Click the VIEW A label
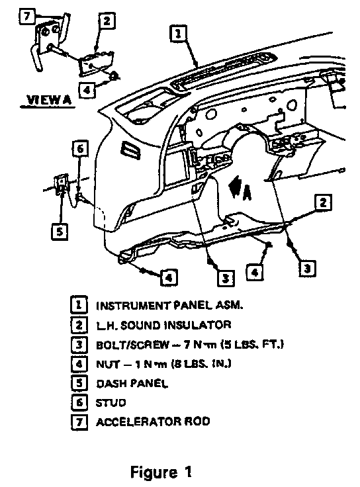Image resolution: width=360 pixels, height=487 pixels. pyautogui.click(x=49, y=100)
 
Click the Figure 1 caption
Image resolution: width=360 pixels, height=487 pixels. pyautogui.click(x=161, y=472)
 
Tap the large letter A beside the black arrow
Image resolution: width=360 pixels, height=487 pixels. pyautogui.click(x=247, y=193)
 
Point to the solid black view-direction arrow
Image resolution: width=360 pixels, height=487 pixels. pyautogui.click(x=235, y=186)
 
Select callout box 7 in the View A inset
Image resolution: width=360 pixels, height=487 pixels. pyautogui.click(x=26, y=16)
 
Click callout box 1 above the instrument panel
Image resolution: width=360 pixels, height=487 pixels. pyautogui.click(x=178, y=33)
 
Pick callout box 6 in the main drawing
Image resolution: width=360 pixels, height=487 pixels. pyautogui.click(x=80, y=149)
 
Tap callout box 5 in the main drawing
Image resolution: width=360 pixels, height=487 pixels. pyautogui.click(x=60, y=232)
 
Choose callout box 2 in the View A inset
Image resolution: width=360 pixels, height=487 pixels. pyautogui.click(x=107, y=21)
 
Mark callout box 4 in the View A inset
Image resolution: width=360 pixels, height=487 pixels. pyautogui.click(x=87, y=90)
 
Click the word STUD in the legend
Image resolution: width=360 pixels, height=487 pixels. pyautogui.click(x=111, y=403)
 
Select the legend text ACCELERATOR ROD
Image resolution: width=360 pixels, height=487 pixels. pyautogui.click(x=153, y=421)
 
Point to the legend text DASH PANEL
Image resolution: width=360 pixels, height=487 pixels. pyautogui.click(x=132, y=384)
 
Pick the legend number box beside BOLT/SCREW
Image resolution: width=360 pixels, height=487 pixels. pyautogui.click(x=79, y=345)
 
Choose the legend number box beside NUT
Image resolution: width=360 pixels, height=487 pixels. pyautogui.click(x=79, y=364)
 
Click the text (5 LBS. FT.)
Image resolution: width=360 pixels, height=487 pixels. pyautogui.click(x=252, y=345)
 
